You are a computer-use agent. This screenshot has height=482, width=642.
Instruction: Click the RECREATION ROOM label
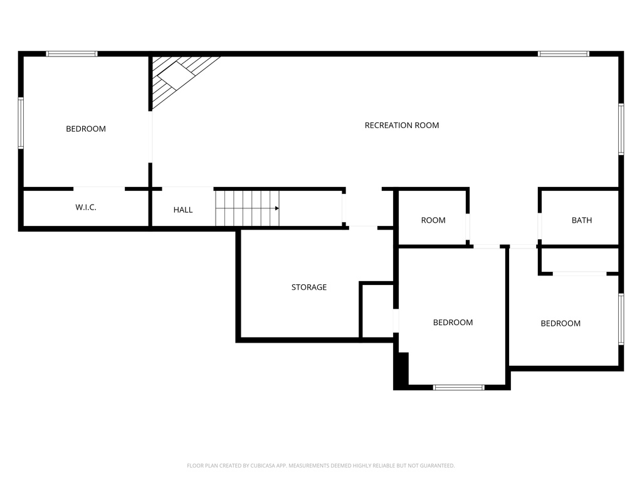point(402,126)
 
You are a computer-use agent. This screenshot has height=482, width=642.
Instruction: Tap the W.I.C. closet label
point(86,207)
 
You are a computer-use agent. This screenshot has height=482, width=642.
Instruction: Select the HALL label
point(183,210)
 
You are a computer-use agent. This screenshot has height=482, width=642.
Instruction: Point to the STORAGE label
point(309,287)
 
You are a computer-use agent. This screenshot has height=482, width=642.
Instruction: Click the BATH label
point(582,220)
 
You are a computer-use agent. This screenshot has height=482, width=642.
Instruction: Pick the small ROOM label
point(433,220)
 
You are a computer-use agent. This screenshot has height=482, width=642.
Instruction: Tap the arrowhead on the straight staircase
point(277,208)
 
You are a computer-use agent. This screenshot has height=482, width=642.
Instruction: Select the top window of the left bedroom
point(71,54)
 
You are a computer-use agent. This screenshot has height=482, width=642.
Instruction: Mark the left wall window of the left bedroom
point(21,122)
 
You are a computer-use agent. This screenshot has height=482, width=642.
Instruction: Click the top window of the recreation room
point(564,54)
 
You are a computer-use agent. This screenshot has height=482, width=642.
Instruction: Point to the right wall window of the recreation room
point(621,129)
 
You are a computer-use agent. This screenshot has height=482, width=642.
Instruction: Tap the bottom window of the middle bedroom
point(458,387)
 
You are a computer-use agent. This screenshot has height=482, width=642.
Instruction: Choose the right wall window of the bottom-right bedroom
point(621,319)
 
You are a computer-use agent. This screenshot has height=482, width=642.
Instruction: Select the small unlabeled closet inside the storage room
point(377,310)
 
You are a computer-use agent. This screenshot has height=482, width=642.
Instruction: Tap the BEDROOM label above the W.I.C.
point(86,129)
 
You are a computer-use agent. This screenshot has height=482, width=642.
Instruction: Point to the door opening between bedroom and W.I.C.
point(99,189)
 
